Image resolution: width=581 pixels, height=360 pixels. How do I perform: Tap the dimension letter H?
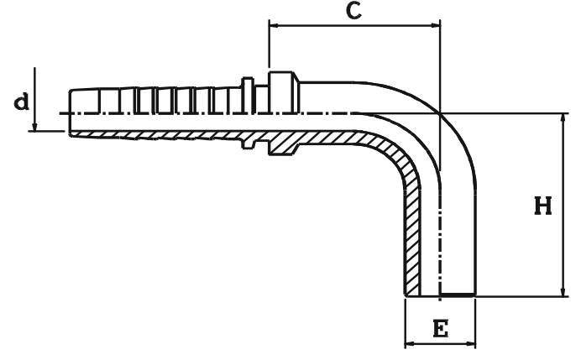pyautogui.click(x=544, y=206)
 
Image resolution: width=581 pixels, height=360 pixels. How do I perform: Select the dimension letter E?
pyautogui.click(x=439, y=328)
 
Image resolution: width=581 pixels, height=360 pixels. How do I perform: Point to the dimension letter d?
pyautogui.click(x=23, y=103)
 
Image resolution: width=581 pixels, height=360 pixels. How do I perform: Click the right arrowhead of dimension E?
pyautogui.click(x=471, y=343)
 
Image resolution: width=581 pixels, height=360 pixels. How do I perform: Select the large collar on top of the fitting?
pyautogui.click(x=283, y=81)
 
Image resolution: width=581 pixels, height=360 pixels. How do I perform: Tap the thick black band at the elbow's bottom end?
pyautogui.click(x=457, y=295)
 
